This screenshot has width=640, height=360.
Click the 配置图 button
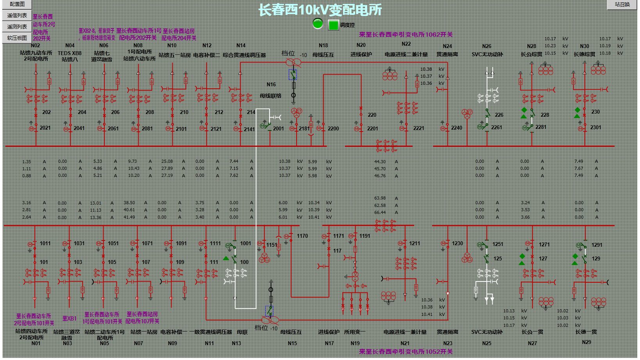click(x=17, y=4)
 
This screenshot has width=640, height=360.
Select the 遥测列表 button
click(x=17, y=27)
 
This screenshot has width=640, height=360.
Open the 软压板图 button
click(x=17, y=38)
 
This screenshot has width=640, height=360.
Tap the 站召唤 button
click(x=622, y=4)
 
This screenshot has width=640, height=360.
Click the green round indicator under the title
click(x=318, y=24)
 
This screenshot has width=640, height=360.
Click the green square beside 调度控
click(x=333, y=25)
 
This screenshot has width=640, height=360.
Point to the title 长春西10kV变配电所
click(x=320, y=10)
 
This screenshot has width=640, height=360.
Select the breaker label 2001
click(x=279, y=128)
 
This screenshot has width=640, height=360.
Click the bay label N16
click(x=271, y=84)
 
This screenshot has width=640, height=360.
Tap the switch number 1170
click(x=302, y=236)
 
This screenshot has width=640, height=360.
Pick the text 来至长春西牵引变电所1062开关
click(x=406, y=35)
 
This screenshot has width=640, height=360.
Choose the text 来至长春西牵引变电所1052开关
click(x=406, y=351)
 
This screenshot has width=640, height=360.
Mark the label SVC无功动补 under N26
click(x=487, y=55)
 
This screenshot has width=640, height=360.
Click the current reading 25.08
click(x=167, y=161)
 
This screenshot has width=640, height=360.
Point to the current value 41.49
click(x=129, y=217)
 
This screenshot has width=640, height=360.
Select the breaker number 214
click(x=251, y=112)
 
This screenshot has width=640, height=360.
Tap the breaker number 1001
click(x=246, y=243)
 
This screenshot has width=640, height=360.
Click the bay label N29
click(x=586, y=342)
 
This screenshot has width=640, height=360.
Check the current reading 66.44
click(x=380, y=212)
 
